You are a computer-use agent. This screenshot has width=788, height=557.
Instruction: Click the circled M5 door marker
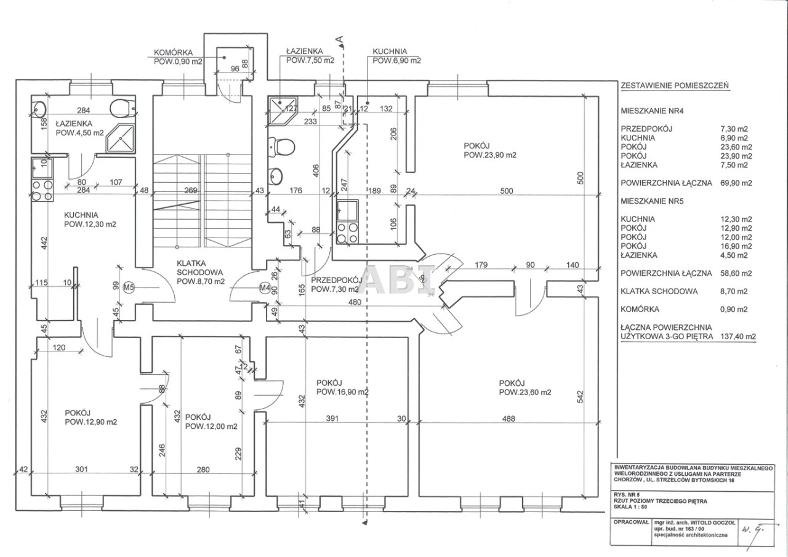(x=129, y=287)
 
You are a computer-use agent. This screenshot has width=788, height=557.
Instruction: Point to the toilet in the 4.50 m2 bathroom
(x=124, y=108)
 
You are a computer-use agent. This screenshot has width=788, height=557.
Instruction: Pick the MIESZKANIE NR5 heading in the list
(x=654, y=201)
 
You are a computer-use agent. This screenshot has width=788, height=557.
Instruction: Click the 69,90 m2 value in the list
(x=734, y=183)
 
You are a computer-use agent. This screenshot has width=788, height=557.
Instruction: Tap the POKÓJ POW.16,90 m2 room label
(x=342, y=387)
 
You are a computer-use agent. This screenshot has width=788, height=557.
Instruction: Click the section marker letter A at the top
(x=339, y=39)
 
